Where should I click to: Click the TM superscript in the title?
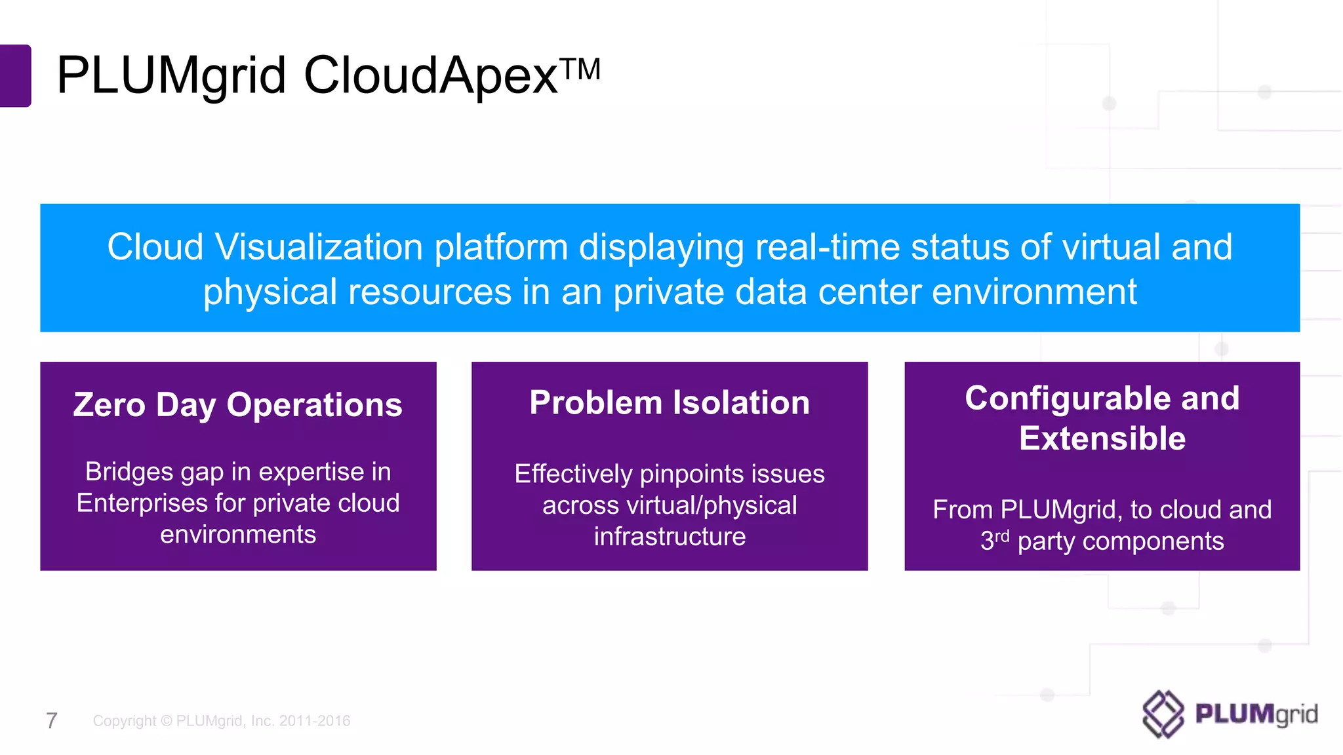coord(581,69)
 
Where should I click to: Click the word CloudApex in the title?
coord(430,76)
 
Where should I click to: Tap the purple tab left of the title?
coord(15,75)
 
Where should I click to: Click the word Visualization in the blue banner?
coord(319,248)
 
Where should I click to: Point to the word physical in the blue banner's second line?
coord(270,292)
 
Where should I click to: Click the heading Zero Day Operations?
coord(238,404)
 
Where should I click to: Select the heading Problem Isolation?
coord(670,402)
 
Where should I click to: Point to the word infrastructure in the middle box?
coord(670,537)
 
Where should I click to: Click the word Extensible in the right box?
coord(1102,438)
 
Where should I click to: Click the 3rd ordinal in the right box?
coord(994,540)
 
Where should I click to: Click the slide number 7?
coord(52,721)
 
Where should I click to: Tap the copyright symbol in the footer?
coord(166,721)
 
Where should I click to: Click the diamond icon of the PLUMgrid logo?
coord(1163,714)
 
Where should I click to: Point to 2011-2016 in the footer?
coord(314,721)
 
